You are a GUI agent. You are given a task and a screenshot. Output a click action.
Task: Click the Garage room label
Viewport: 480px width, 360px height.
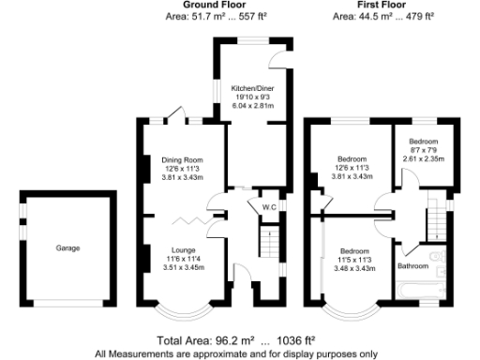point(67,248)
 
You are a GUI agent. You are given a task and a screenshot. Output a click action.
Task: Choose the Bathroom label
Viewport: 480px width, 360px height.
point(412,266)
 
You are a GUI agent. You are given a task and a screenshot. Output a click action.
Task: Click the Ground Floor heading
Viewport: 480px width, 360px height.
point(182,6)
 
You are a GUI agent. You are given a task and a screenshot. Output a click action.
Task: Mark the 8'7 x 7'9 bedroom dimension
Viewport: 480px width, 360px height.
point(425,150)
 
